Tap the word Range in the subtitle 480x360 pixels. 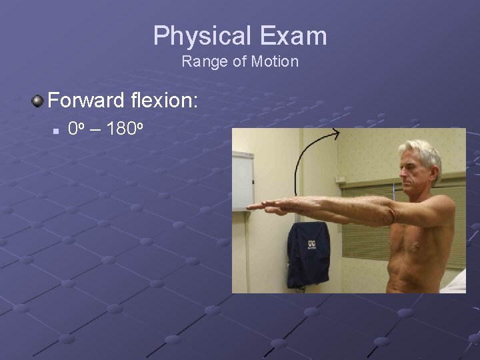point(199,63)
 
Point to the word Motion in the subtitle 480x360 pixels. point(275,63)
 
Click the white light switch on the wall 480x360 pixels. point(340,179)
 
